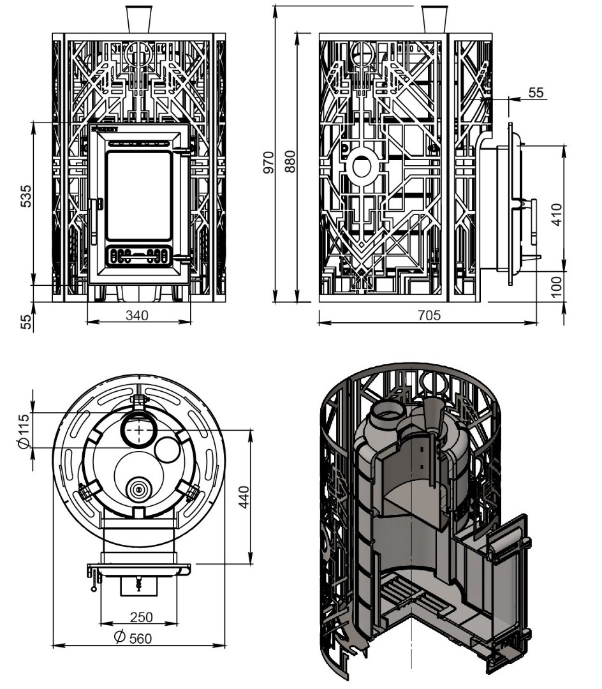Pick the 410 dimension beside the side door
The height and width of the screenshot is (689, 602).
pyautogui.click(x=556, y=215)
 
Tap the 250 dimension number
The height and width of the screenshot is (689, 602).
pyautogui.click(x=141, y=617)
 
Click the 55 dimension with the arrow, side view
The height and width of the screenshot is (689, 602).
pyautogui.click(x=536, y=93)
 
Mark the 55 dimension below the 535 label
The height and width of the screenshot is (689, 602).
pyautogui.click(x=26, y=321)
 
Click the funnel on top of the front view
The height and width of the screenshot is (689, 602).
pyautogui.click(x=140, y=19)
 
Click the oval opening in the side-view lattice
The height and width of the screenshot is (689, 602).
pyautogui.click(x=362, y=168)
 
